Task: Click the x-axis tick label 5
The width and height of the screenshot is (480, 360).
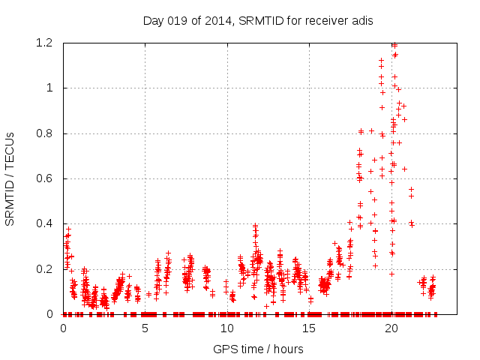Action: [145, 328]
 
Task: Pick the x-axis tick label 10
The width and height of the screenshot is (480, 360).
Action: [227, 328]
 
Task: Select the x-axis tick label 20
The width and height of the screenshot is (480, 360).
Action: [391, 328]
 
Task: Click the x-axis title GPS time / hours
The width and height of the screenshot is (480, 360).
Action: [258, 349]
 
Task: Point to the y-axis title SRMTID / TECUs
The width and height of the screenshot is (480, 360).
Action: [10, 178]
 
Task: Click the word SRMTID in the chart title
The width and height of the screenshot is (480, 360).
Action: [259, 20]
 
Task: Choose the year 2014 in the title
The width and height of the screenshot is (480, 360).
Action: [217, 20]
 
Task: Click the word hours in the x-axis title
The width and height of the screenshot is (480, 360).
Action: [288, 349]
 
